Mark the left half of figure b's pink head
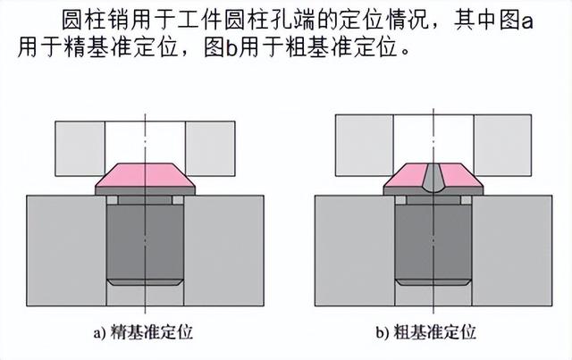(x=407, y=182)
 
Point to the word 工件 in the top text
(x=197, y=20)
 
